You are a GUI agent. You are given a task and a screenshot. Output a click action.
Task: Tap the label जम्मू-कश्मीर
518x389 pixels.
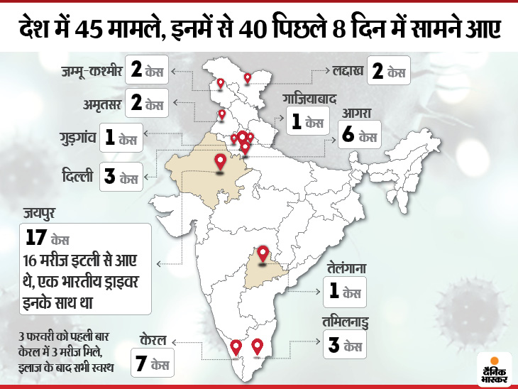(91, 71)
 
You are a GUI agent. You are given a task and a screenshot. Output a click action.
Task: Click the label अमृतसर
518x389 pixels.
(99, 104)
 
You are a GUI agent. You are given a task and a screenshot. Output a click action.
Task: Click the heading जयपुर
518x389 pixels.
(38, 211)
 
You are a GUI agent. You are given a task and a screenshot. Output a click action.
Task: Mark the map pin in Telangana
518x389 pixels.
(263, 254)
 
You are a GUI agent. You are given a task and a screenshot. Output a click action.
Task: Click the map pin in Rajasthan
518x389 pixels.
(220, 163)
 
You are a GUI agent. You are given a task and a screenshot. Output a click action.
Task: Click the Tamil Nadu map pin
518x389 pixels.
(257, 346)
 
